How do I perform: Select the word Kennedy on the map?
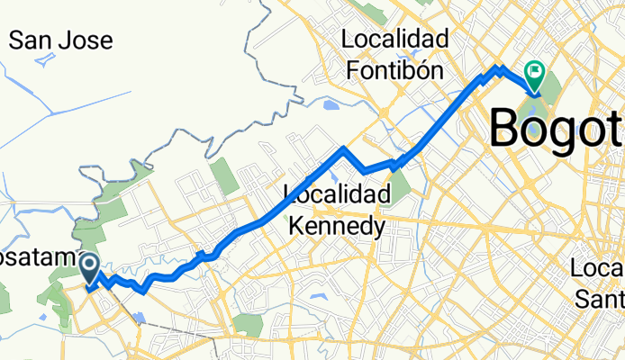(x=336, y=225)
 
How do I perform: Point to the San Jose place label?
(x=60, y=40)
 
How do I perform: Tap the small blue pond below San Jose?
(x=44, y=61)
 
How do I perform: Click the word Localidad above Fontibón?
(x=395, y=40)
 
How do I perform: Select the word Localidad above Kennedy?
(x=336, y=194)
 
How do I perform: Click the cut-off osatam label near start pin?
(x=36, y=259)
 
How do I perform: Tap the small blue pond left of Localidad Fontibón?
(x=331, y=104)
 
